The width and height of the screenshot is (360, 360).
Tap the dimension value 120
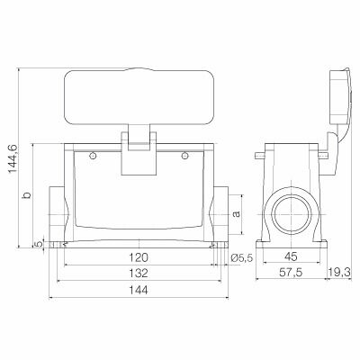[139, 258]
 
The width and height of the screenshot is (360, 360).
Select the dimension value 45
[290, 258]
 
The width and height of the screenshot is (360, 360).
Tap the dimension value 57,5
[290, 274]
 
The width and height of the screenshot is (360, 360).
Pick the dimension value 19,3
[339, 274]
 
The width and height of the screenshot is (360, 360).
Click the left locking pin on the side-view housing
[261, 158]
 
